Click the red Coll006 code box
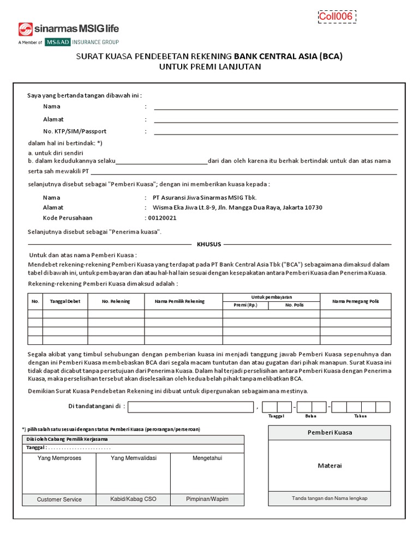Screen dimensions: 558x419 click(336, 17)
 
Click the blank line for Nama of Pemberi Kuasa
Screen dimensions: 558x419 click(276, 107)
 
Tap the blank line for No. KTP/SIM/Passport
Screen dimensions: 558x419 click(276, 132)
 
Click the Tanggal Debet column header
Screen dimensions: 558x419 click(65, 301)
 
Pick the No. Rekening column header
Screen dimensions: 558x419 click(116, 301)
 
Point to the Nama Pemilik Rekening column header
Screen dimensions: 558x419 click(183, 301)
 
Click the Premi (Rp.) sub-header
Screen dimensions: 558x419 click(245, 305)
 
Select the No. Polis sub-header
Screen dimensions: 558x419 click(294, 305)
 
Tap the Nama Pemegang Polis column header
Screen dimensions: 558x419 click(355, 301)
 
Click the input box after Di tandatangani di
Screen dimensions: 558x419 click(190, 407)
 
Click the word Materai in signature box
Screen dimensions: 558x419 click(329, 465)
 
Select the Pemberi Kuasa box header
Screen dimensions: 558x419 click(329, 432)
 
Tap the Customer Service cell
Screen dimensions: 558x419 click(59, 499)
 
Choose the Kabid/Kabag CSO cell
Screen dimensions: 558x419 click(133, 499)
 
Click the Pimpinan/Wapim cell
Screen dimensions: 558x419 click(207, 499)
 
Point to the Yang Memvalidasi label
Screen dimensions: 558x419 click(133, 458)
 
